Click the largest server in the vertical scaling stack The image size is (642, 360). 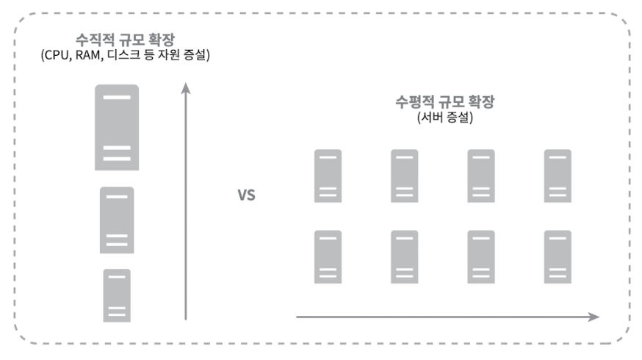point(117,127)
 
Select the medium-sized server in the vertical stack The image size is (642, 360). point(117,220)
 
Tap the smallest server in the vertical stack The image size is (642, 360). point(117,295)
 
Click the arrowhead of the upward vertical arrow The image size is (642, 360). point(186,87)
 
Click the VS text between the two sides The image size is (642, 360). point(246,197)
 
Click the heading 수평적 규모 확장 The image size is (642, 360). point(440,103)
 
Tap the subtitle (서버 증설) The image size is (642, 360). point(440,118)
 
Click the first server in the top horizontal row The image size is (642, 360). point(328,176)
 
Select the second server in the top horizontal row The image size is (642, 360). point(404,176)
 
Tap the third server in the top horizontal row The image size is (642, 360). point(481,176)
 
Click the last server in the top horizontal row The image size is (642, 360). point(558,176)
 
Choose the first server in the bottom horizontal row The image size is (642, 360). point(328,256)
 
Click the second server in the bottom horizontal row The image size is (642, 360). point(404,256)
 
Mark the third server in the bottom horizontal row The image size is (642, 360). point(481,256)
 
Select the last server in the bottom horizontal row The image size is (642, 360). point(558,256)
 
